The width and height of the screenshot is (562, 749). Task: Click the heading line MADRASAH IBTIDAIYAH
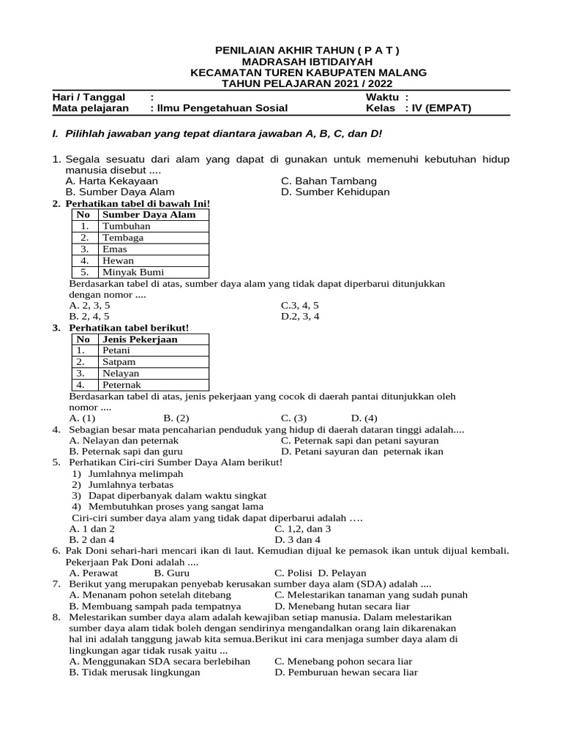(307, 61)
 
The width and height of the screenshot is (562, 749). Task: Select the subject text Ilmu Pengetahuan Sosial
(219, 108)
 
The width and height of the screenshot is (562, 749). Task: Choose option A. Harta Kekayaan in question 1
(111, 181)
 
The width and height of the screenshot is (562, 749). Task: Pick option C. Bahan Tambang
(329, 181)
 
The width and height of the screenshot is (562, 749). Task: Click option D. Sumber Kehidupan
(335, 192)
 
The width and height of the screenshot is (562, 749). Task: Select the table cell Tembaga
(123, 238)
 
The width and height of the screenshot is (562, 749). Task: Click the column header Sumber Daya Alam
(149, 214)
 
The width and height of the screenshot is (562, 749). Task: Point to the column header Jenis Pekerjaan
(140, 339)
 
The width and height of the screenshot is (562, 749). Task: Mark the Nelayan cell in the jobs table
(121, 373)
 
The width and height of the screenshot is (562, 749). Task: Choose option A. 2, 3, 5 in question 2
(89, 305)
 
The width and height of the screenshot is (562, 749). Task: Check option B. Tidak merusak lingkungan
(135, 672)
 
